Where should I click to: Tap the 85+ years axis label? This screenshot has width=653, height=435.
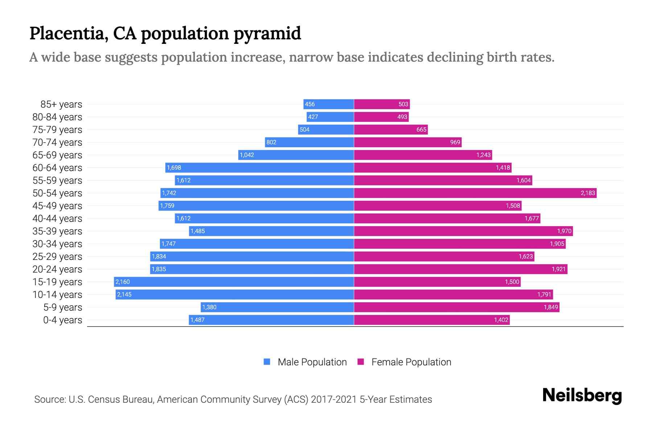coord(61,104)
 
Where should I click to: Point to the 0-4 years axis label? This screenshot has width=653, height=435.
coord(62,320)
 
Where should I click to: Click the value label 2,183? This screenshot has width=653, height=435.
coord(588,193)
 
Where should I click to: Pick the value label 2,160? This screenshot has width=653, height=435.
coord(123,282)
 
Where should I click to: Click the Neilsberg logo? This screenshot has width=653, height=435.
coord(582,395)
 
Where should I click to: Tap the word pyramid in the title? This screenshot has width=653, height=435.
coord(267,33)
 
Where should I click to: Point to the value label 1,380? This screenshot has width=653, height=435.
coord(209,307)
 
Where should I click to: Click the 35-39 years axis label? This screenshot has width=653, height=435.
coord(57,231)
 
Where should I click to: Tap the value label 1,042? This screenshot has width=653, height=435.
coord(247,155)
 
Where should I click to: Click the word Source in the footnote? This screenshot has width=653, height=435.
coord(49,399)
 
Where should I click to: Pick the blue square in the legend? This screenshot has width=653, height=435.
coord(267,362)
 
